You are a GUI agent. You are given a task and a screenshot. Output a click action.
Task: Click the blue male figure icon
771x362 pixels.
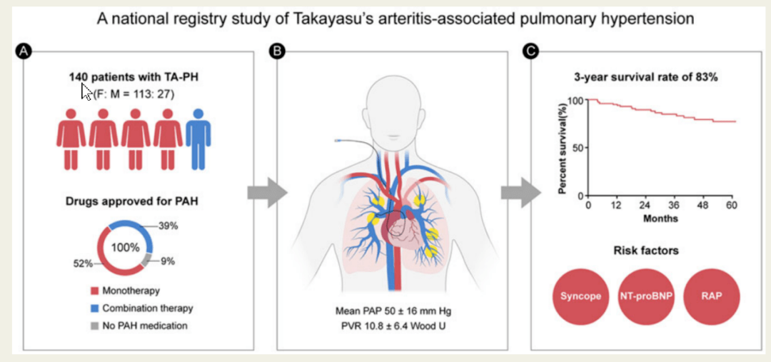[x=198, y=139]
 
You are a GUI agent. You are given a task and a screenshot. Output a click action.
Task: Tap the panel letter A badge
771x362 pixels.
[x=23, y=50]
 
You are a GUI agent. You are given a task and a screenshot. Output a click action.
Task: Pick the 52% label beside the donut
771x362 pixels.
[x=84, y=263]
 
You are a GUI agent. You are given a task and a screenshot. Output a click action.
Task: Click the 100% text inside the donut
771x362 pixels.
[x=125, y=247]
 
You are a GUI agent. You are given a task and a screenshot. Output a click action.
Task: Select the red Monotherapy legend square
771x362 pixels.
[x=94, y=291]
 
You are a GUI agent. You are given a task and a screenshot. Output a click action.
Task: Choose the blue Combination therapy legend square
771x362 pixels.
[x=94, y=308]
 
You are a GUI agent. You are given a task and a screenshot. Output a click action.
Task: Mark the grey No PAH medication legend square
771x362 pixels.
[x=94, y=325]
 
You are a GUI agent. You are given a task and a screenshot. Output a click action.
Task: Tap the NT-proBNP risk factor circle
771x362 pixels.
[x=645, y=296]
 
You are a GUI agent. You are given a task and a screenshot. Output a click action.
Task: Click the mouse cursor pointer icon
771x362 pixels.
[x=86, y=91]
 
